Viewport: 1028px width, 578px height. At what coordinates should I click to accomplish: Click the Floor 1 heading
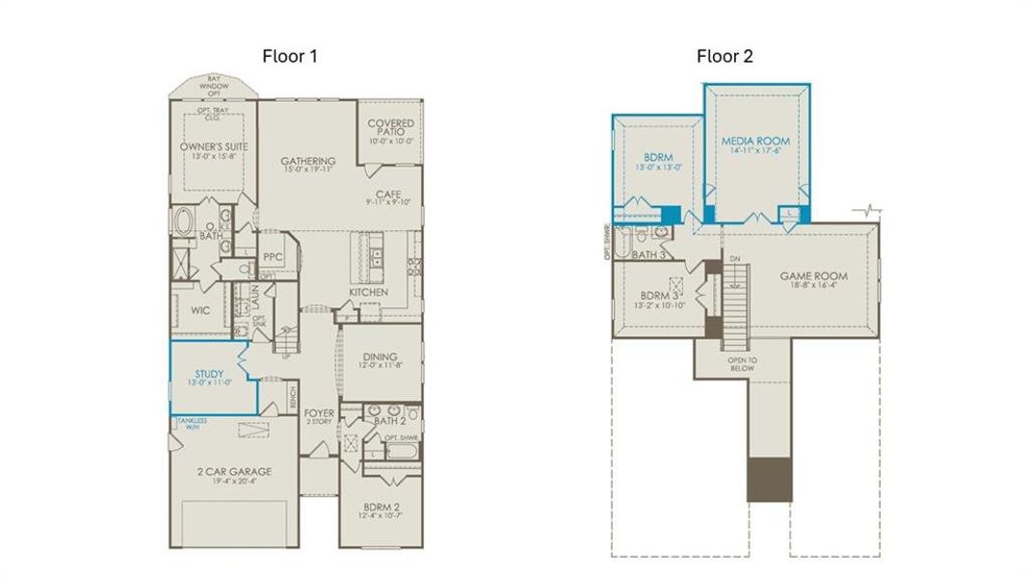[290, 56]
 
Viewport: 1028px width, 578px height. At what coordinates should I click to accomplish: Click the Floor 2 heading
[725, 56]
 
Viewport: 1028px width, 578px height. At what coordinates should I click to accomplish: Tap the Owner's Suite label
[214, 146]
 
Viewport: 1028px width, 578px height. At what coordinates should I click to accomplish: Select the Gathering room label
[307, 161]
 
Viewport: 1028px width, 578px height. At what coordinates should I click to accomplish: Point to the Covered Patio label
[391, 123]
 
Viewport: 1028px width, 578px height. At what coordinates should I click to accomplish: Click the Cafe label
[388, 193]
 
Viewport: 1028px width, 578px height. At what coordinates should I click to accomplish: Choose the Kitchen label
[368, 292]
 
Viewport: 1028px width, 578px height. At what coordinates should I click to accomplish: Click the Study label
[209, 374]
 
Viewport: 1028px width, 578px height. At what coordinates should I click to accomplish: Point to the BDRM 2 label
[382, 507]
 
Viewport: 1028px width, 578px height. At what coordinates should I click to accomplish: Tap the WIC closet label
[200, 311]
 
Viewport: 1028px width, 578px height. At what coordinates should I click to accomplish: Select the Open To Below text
[742, 364]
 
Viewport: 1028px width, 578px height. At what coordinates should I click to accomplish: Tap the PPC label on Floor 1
[272, 258]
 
